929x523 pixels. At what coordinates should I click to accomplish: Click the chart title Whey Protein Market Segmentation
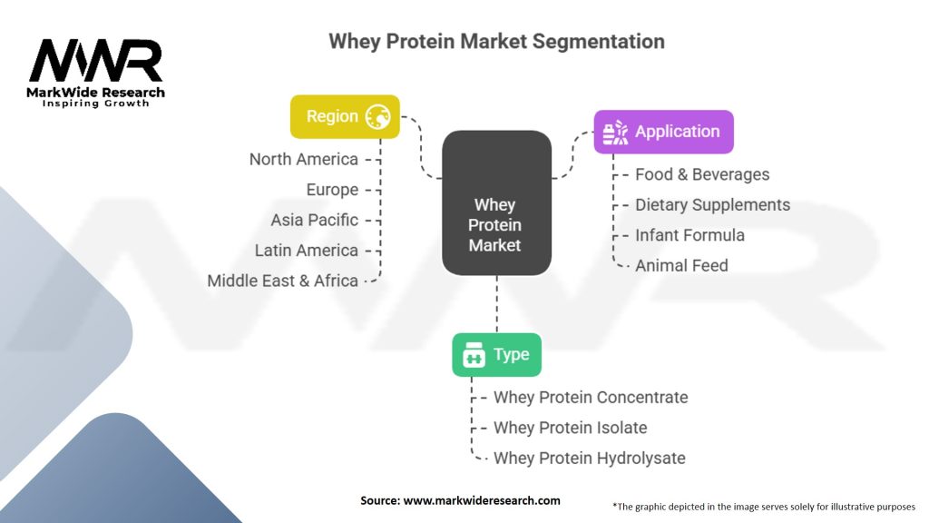(496, 42)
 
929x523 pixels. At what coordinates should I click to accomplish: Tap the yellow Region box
(345, 117)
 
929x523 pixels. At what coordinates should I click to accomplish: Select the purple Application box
(663, 132)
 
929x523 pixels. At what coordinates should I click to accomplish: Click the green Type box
(496, 355)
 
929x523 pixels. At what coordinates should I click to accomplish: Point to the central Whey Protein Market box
(496, 202)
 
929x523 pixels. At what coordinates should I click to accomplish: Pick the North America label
(303, 160)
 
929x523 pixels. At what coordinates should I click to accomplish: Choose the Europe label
(332, 190)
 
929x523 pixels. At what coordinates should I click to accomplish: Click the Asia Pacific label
(315, 220)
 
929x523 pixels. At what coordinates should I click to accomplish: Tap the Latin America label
(307, 251)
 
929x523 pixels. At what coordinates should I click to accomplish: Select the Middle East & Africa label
(283, 281)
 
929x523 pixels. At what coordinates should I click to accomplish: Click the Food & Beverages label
(702, 174)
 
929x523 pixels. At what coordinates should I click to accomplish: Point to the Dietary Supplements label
(713, 205)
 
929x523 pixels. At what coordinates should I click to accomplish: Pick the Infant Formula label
(689, 235)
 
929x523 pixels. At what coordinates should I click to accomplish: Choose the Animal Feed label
(681, 266)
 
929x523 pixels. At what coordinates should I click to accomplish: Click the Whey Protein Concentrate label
(591, 398)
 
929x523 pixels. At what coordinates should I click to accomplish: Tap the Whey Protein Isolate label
(570, 428)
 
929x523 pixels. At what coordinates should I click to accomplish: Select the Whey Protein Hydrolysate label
(590, 459)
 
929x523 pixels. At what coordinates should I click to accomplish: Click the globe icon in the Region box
(378, 117)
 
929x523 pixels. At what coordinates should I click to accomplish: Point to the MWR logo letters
(95, 61)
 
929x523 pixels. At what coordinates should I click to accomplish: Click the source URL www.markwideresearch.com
(482, 500)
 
